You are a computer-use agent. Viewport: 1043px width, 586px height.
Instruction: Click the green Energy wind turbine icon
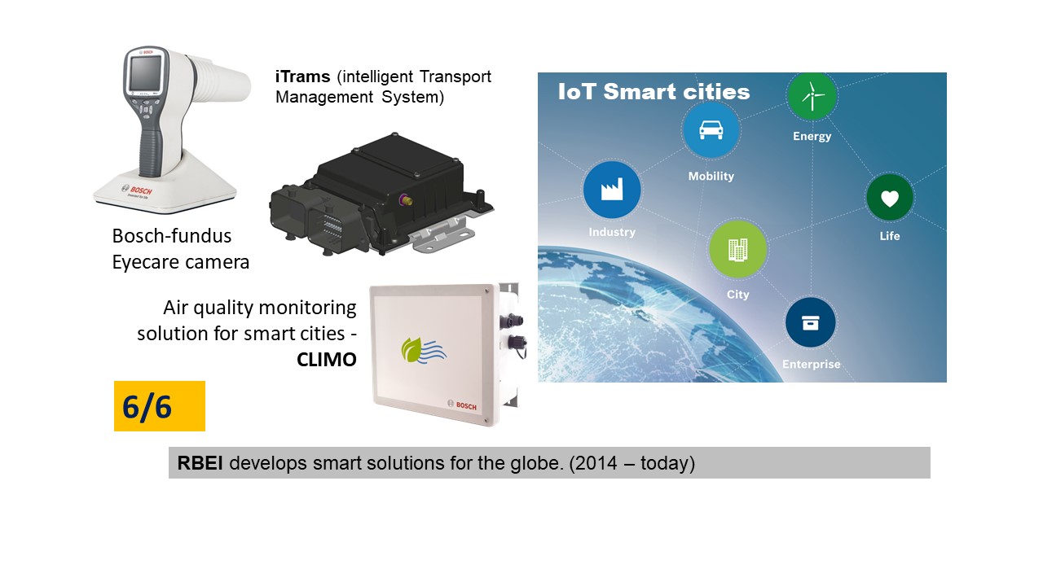[x=812, y=96]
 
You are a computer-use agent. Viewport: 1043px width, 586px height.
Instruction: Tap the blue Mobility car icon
[x=711, y=129]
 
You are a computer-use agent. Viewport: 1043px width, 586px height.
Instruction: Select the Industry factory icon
[x=612, y=190]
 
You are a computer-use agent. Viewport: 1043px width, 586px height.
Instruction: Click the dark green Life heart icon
[x=889, y=199]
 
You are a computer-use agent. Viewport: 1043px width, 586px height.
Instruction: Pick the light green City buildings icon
[x=738, y=250]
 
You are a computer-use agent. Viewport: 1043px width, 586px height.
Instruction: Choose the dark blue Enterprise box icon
[x=811, y=322]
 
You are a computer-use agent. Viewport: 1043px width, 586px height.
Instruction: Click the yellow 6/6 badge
[x=160, y=406]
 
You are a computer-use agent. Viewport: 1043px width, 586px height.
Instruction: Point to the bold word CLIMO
[x=327, y=360]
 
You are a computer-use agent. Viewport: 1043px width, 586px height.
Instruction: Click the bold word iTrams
[x=302, y=77]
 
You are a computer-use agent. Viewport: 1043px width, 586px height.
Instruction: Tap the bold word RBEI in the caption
[x=200, y=463]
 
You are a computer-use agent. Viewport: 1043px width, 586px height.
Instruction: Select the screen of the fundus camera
[x=145, y=73]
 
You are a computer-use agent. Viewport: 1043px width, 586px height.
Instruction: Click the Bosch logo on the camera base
[x=137, y=190]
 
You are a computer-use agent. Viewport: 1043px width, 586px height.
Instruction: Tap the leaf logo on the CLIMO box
[x=423, y=351]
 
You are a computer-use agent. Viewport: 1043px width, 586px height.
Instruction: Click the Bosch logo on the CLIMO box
[x=462, y=405]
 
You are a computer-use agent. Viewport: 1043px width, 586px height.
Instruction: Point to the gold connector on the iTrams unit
[x=405, y=200]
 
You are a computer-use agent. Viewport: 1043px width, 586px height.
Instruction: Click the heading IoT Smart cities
[x=654, y=92]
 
